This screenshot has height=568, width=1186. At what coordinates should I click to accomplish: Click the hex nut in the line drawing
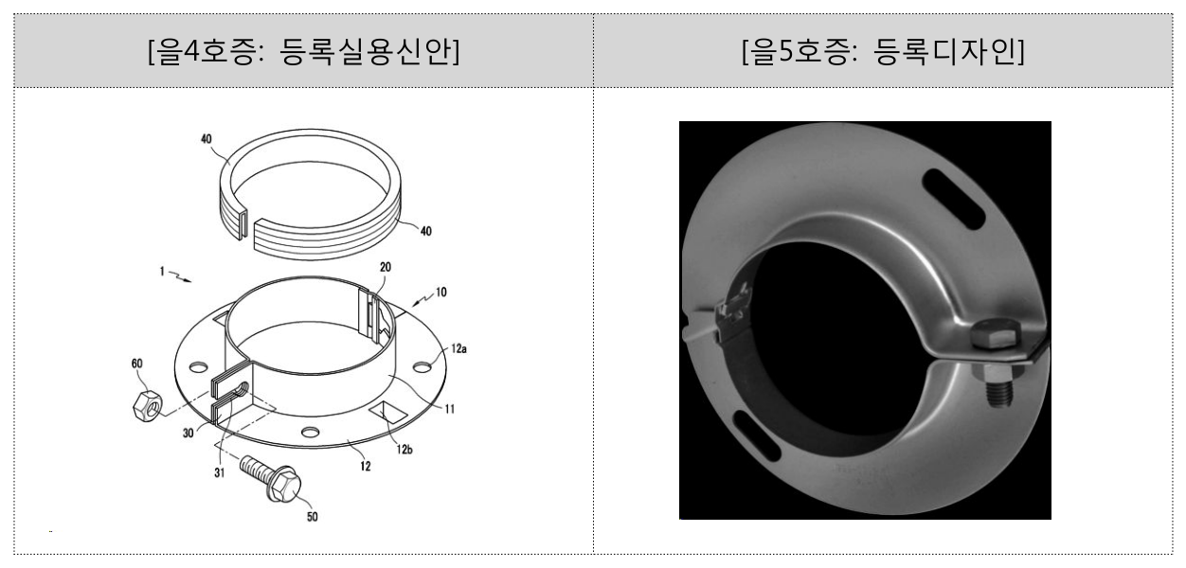click(146, 406)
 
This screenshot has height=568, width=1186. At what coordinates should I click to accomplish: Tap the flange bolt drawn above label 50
click(271, 478)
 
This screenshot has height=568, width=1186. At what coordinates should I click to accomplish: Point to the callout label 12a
click(458, 348)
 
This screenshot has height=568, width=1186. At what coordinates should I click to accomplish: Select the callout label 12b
click(404, 450)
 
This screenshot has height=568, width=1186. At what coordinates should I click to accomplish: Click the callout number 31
click(220, 472)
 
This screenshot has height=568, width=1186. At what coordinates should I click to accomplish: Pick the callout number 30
click(188, 433)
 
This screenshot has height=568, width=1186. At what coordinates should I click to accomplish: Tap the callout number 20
click(386, 267)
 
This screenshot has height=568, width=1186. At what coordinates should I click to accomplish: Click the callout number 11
click(450, 409)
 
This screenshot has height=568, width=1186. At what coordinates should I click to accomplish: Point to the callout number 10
click(440, 293)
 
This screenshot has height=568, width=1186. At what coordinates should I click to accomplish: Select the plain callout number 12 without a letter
click(366, 467)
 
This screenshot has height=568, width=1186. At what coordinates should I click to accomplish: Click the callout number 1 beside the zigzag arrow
click(162, 272)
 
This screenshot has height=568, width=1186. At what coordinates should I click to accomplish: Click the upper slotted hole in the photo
click(953, 199)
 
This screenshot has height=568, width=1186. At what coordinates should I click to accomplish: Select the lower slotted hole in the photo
click(757, 435)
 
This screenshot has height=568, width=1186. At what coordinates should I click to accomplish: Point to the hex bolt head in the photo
click(996, 333)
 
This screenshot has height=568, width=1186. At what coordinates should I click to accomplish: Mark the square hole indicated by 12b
click(389, 412)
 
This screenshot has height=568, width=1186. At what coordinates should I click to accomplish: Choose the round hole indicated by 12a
click(422, 366)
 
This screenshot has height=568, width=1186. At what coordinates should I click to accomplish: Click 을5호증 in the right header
click(799, 52)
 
